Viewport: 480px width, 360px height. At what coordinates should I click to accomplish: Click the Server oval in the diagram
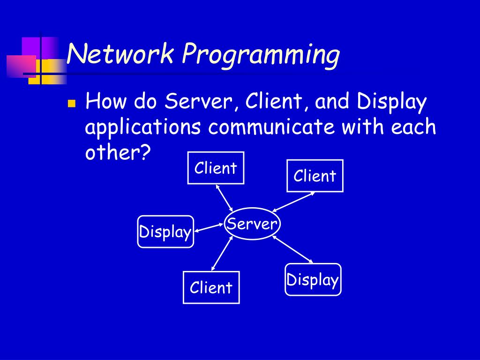[252, 225]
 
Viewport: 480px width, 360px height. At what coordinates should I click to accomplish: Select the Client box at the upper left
[216, 168]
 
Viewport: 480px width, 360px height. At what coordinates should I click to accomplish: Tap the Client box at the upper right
[315, 176]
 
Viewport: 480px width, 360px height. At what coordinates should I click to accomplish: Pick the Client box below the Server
[211, 287]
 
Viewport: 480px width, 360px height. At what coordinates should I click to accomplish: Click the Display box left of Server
[165, 232]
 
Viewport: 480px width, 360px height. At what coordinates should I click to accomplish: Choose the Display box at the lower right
[313, 280]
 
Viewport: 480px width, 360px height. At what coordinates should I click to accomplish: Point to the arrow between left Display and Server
[210, 227]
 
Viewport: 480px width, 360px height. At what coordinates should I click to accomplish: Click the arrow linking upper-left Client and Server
[225, 197]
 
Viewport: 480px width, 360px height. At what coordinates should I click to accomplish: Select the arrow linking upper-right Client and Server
[293, 202]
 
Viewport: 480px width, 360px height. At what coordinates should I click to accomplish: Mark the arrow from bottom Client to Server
[222, 253]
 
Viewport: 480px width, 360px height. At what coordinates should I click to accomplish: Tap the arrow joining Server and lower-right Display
[292, 249]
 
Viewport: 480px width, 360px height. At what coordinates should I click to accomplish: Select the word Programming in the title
[261, 55]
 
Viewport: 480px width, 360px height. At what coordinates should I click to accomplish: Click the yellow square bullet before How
[71, 104]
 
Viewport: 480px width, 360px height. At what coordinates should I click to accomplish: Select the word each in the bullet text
[412, 127]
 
